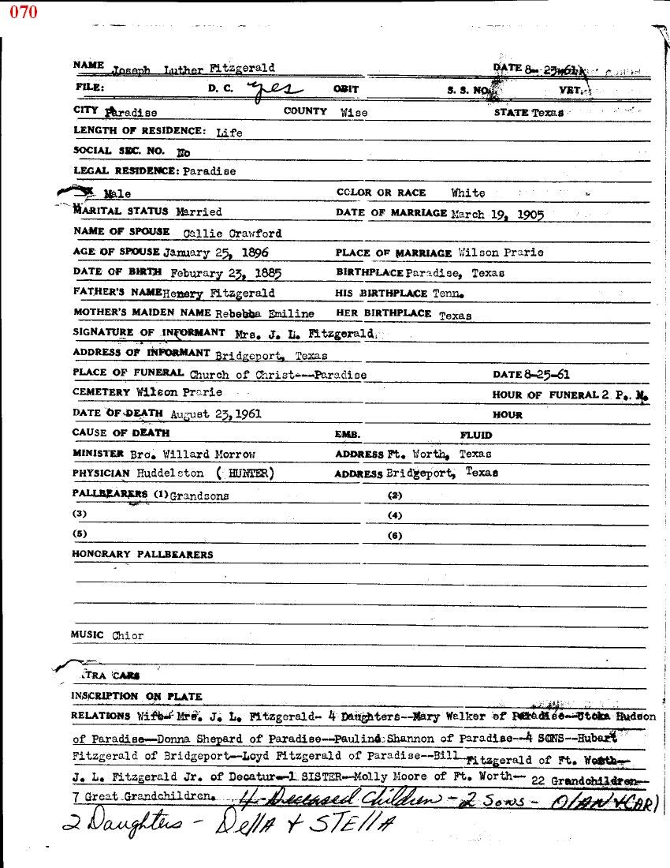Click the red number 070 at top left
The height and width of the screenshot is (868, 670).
[23, 13]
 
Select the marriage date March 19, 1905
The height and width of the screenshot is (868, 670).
[497, 214]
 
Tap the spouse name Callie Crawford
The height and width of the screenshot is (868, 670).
[232, 234]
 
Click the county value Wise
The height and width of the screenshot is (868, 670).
[354, 113]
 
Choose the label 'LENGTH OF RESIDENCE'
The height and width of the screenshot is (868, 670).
[140, 131]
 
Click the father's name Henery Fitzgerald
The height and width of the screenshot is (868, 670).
[219, 294]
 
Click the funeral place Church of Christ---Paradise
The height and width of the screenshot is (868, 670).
[277, 376]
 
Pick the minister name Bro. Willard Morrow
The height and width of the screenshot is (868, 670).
[192, 455]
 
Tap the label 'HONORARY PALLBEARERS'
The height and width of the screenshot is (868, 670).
[143, 555]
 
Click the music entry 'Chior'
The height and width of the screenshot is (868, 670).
[128, 636]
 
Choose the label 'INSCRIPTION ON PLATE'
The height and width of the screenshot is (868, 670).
[137, 697]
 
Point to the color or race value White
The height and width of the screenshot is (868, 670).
[468, 193]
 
